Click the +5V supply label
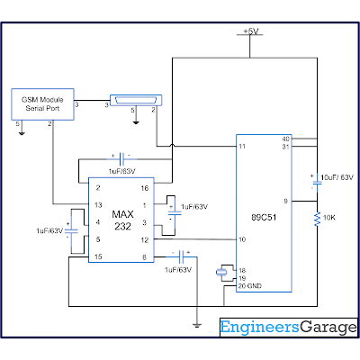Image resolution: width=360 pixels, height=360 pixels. (251, 31)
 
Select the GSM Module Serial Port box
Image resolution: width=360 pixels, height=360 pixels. (42, 104)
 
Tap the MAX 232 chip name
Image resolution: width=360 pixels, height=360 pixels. (122, 220)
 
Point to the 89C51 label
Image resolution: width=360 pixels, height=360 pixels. (264, 217)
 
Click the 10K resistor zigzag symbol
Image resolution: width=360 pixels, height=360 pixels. (317, 219)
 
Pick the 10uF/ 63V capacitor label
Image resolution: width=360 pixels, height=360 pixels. (337, 177)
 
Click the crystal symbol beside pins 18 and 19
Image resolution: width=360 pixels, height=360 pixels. (221, 273)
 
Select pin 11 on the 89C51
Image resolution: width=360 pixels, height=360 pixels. (242, 147)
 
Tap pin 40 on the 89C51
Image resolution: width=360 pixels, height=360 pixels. (286, 139)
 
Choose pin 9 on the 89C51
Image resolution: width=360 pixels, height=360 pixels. (286, 201)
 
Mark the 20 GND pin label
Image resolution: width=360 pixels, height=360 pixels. (250, 286)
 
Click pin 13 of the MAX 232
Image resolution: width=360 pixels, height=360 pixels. (98, 205)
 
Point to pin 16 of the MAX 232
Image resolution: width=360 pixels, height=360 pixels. (145, 188)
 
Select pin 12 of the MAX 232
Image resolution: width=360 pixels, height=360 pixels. (145, 240)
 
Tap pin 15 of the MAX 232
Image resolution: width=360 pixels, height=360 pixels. (98, 256)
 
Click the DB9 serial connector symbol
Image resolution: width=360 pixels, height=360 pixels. (136, 100)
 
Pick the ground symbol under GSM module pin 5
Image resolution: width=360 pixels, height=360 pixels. (22, 133)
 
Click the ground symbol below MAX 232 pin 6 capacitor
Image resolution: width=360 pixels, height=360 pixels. (197, 325)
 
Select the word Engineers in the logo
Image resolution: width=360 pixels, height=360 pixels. (260, 328)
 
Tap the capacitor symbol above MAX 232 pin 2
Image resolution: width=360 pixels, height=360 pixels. (121, 159)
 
